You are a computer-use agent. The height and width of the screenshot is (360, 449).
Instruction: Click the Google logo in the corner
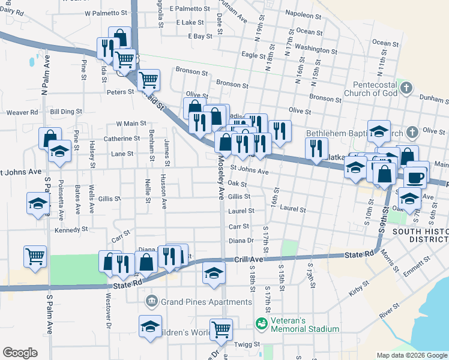(x=20, y=353)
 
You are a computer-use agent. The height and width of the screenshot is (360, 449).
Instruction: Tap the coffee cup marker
(x=415, y=176)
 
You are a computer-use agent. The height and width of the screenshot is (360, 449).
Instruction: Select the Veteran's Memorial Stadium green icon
(x=261, y=323)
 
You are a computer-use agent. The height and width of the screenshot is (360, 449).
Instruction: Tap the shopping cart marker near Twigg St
(x=221, y=328)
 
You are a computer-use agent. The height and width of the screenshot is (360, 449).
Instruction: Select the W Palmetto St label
(x=107, y=12)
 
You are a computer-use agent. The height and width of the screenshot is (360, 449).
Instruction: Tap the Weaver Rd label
(x=22, y=112)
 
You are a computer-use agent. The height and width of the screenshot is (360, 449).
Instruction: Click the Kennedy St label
(x=71, y=229)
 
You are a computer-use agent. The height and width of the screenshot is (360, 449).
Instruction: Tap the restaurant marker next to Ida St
(x=107, y=47)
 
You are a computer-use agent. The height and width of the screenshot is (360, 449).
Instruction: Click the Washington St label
(x=316, y=48)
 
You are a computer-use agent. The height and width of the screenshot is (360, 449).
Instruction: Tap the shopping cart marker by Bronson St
(x=148, y=79)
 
